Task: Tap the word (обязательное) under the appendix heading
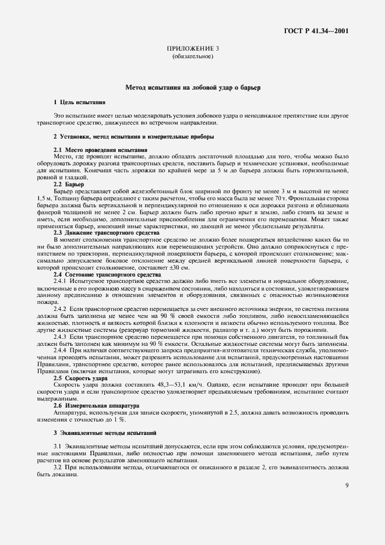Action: pos(193,58)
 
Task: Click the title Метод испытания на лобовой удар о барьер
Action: pos(193,87)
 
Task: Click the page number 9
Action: pos(347,487)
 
